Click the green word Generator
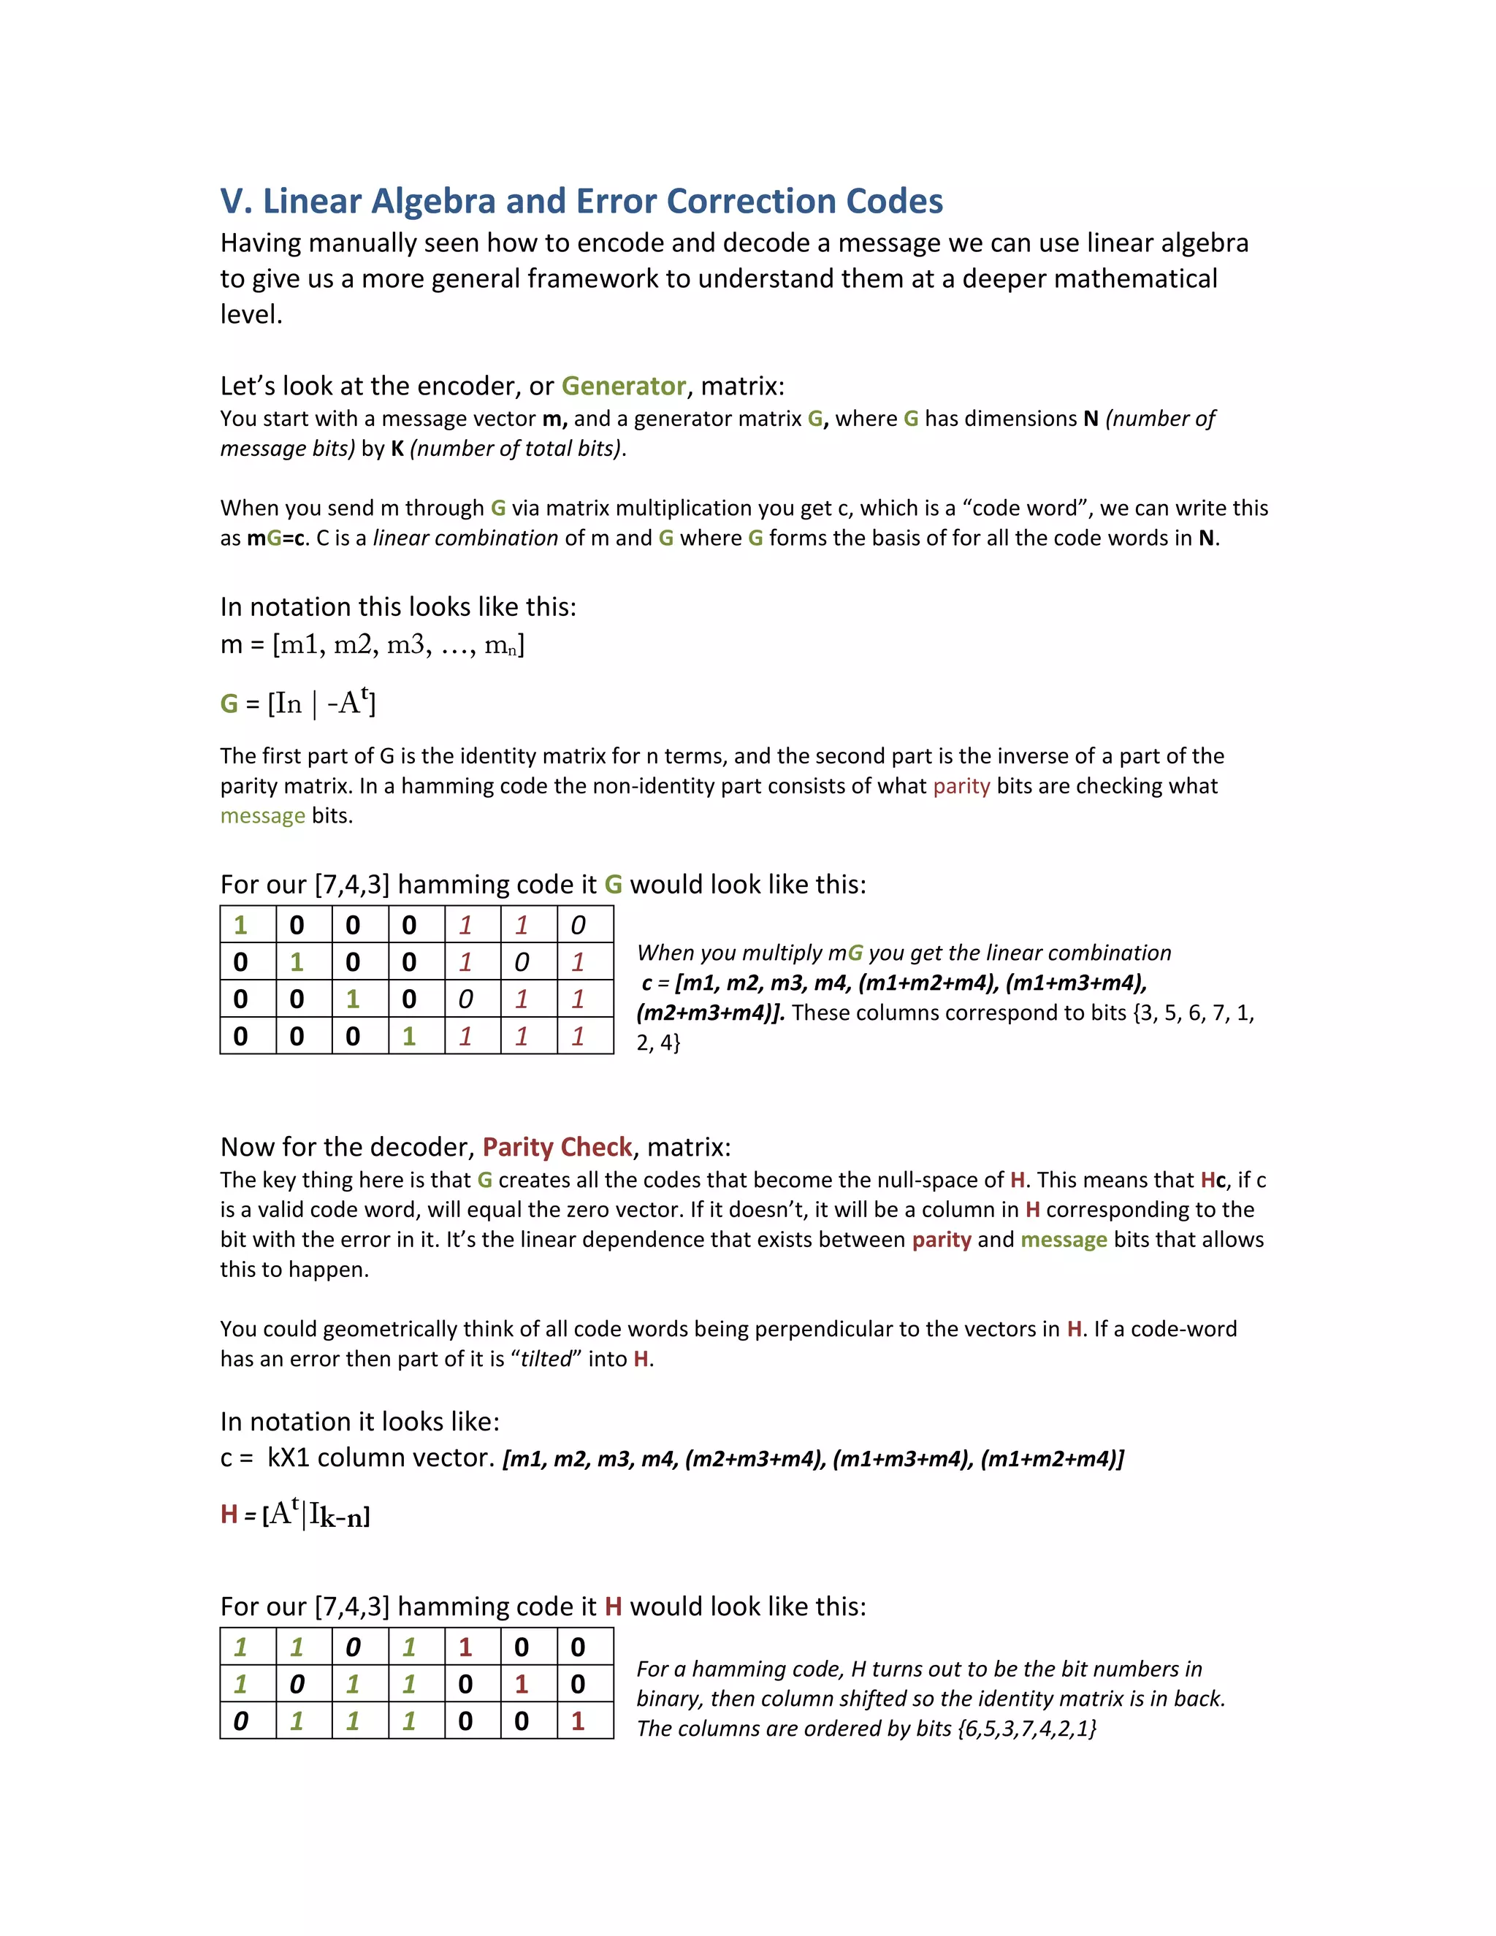click(x=623, y=386)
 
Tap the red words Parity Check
click(x=557, y=1147)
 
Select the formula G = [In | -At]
click(x=298, y=703)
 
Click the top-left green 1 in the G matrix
click(x=240, y=926)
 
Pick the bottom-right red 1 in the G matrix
click(x=578, y=1036)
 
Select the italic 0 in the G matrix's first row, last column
click(x=578, y=926)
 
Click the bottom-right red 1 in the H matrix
click(x=578, y=1721)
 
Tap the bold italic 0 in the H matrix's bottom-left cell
click(x=240, y=1721)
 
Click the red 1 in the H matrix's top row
click(x=465, y=1647)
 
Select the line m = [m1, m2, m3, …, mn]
click(x=373, y=644)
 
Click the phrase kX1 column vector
click(x=380, y=1458)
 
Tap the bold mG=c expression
click(x=275, y=538)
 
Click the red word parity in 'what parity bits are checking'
click(x=961, y=786)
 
